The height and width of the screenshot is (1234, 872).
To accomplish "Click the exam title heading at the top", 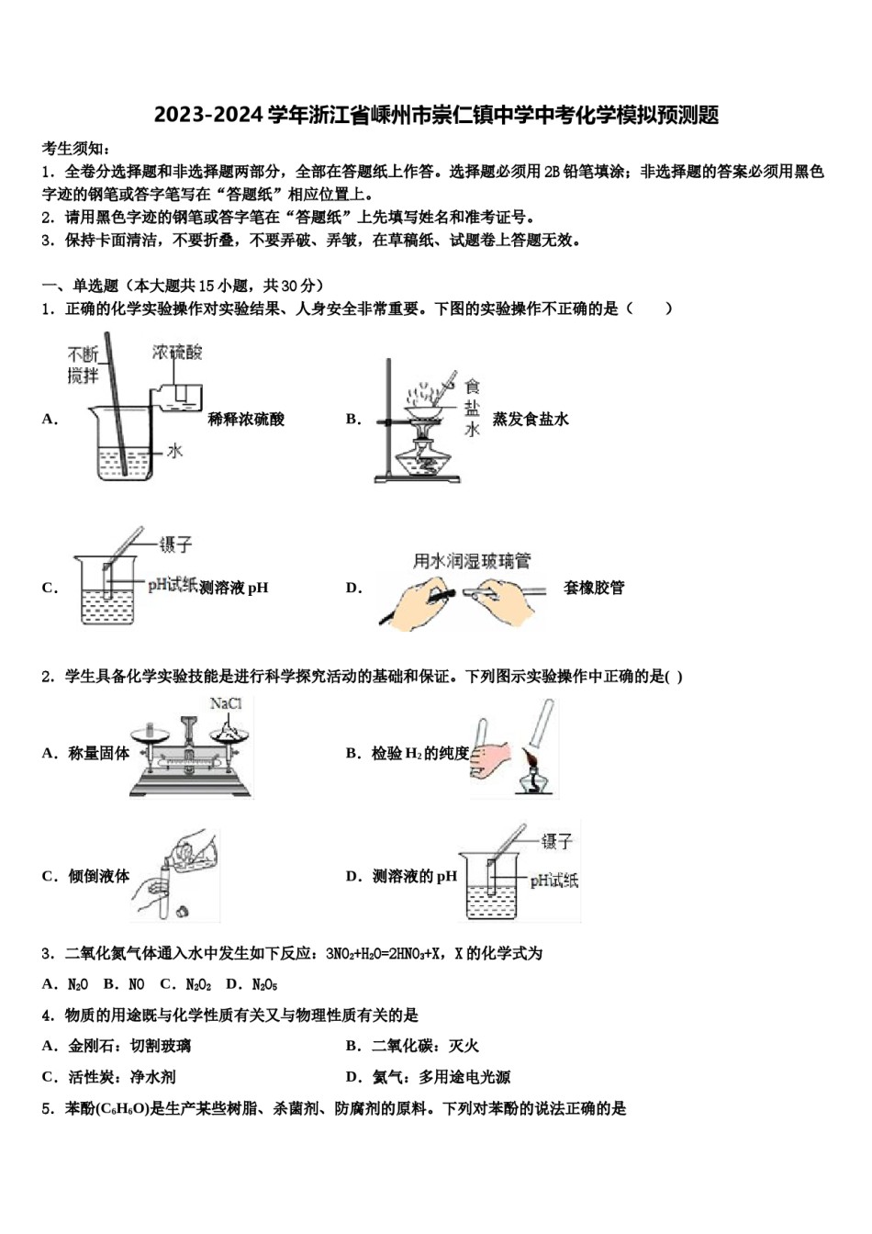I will [436, 115].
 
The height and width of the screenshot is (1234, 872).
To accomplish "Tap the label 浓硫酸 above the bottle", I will [177, 352].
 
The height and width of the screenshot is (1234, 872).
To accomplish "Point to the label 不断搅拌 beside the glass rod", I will [83, 365].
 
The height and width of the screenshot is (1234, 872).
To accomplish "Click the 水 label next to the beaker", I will [174, 450].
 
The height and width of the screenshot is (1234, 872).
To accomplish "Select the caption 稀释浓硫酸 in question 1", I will [246, 420].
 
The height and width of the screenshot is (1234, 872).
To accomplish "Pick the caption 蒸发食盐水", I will [531, 420].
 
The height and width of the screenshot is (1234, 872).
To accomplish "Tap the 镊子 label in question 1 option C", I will [175, 544].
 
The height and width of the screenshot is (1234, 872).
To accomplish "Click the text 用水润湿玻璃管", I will [472, 561].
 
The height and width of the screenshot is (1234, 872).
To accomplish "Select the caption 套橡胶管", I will [594, 588].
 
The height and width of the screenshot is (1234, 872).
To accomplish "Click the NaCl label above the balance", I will [226, 704].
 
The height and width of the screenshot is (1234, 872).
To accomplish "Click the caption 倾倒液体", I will [98, 876].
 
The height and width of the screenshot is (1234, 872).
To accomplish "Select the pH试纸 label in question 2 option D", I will [553, 881].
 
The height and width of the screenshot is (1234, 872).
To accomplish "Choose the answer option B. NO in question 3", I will [124, 984].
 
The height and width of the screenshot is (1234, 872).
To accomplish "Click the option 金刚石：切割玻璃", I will [117, 1046].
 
